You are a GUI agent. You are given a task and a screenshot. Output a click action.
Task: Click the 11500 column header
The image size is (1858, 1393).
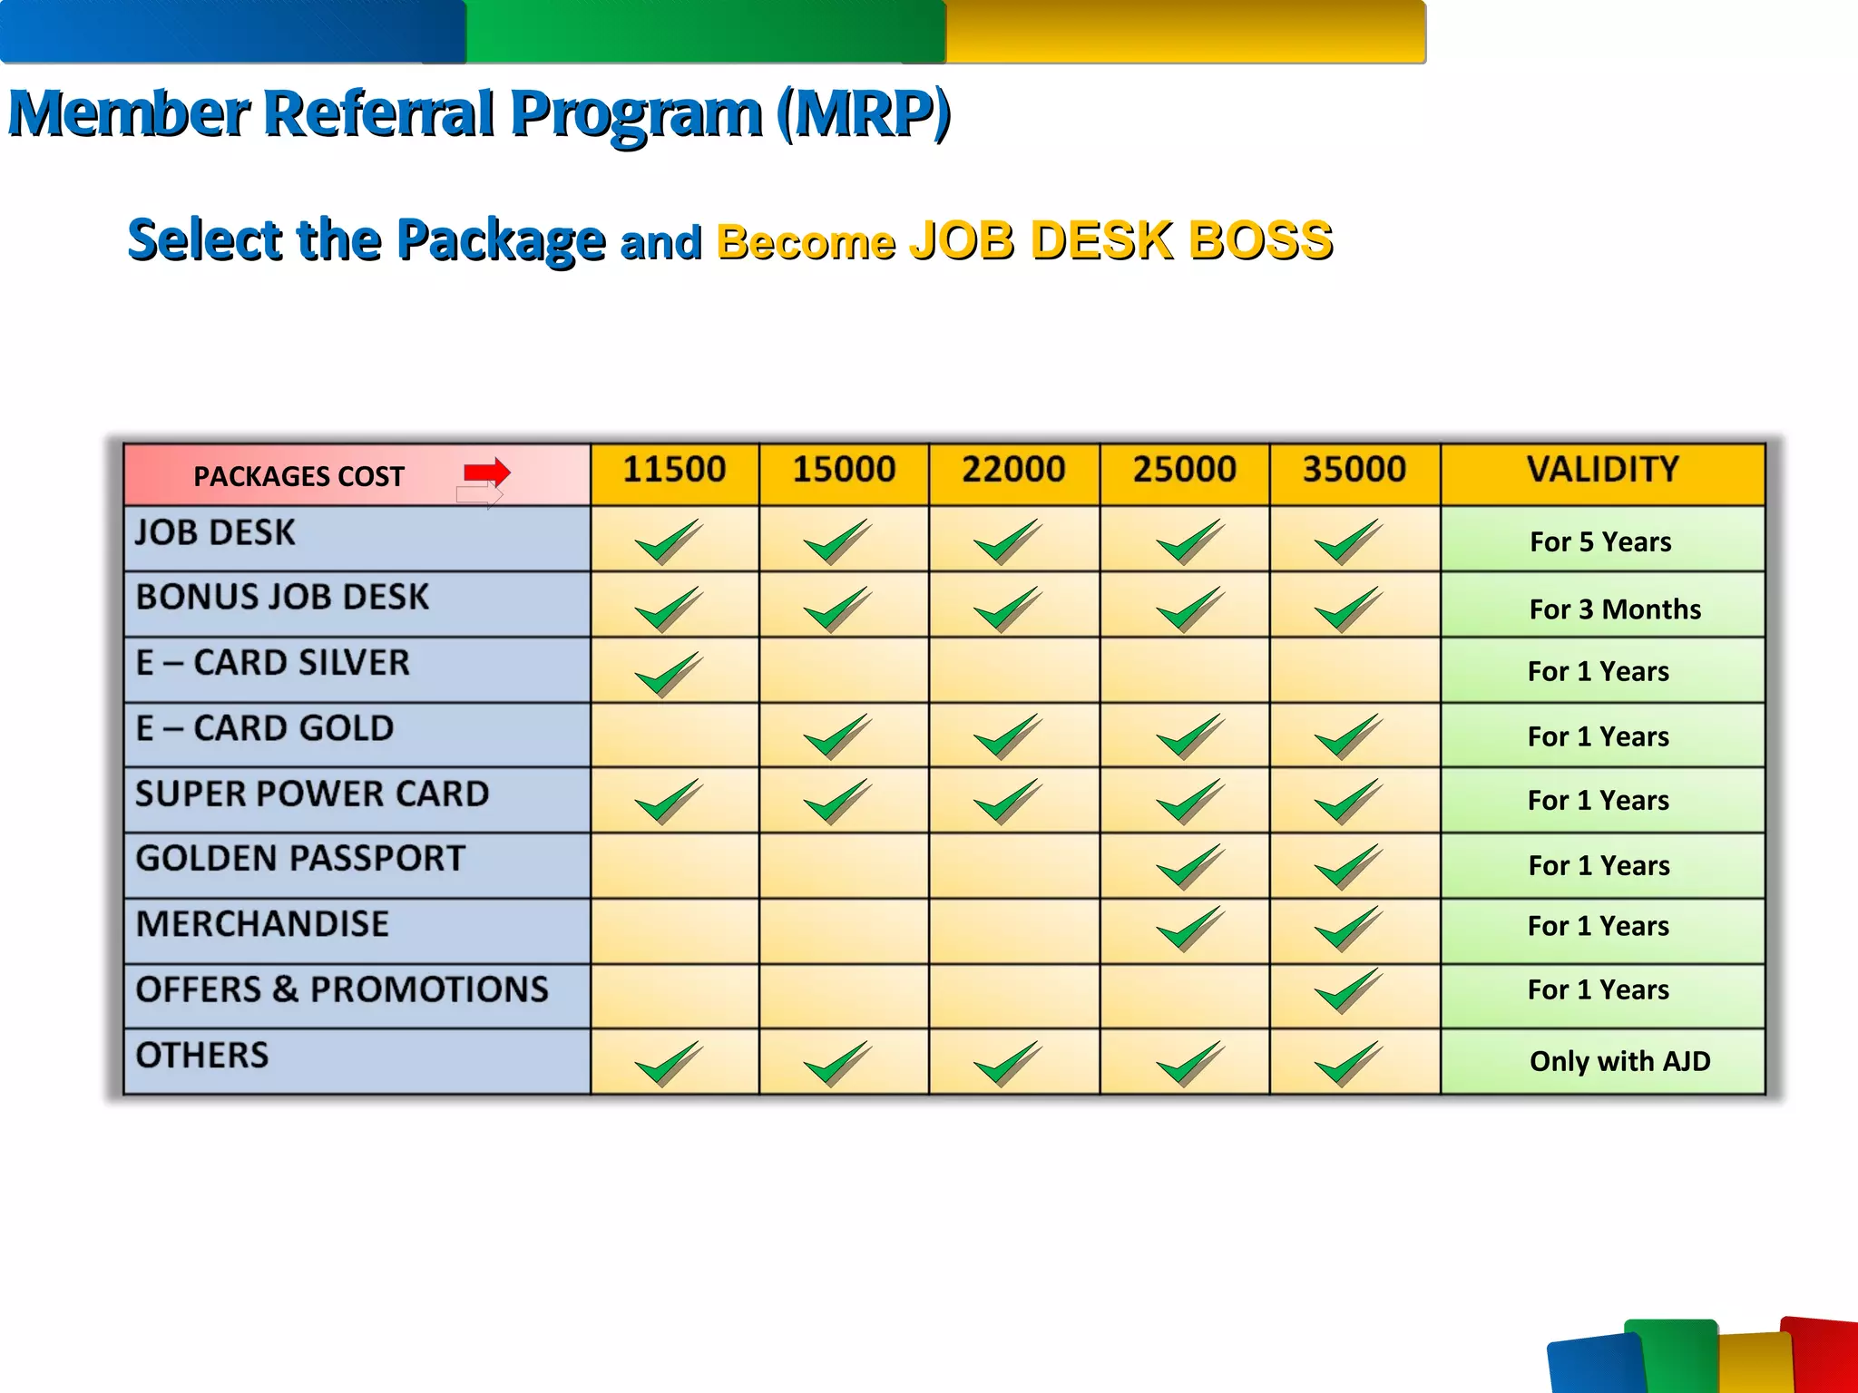pyautogui.click(x=674, y=470)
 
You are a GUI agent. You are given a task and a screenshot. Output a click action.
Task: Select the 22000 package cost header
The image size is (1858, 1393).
pyautogui.click(x=1013, y=470)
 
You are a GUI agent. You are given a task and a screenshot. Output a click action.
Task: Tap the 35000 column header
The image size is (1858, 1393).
pyautogui.click(x=1354, y=470)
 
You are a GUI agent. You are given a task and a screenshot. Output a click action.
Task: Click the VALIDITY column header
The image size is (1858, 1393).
pyautogui.click(x=1602, y=470)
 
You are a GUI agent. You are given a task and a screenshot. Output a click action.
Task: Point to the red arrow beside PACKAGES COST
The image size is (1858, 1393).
pyautogui.click(x=487, y=472)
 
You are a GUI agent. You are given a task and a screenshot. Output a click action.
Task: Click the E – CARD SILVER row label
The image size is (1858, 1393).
pyautogui.click(x=272, y=663)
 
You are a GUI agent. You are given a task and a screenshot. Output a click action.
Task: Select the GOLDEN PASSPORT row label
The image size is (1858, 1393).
pyautogui.click(x=300, y=859)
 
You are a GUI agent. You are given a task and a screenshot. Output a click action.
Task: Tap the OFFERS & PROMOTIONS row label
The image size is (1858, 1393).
pyautogui.click(x=342, y=989)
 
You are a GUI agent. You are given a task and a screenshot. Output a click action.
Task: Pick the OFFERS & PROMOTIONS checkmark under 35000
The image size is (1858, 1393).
pyautogui.click(x=1348, y=990)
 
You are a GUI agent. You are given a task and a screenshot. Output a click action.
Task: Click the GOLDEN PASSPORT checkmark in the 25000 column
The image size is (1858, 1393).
pyautogui.click(x=1189, y=867)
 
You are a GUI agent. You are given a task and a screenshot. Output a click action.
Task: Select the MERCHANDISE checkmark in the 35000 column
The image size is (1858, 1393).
pyautogui.click(x=1348, y=929)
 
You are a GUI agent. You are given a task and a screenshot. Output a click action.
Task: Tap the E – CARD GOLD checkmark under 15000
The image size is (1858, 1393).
pyautogui.click(x=837, y=736)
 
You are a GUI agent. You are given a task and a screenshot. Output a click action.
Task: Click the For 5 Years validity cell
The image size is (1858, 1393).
pyautogui.click(x=1600, y=542)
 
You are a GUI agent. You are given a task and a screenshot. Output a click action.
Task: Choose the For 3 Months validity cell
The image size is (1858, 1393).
pyautogui.click(x=1615, y=609)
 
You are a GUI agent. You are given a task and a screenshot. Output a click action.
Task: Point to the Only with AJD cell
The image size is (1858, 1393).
pyautogui.click(x=1619, y=1061)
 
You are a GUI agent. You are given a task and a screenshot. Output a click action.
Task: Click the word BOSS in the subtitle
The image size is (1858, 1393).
pyautogui.click(x=1260, y=241)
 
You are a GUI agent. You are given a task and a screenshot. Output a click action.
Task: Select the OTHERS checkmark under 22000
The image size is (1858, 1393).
pyautogui.click(x=1007, y=1063)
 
